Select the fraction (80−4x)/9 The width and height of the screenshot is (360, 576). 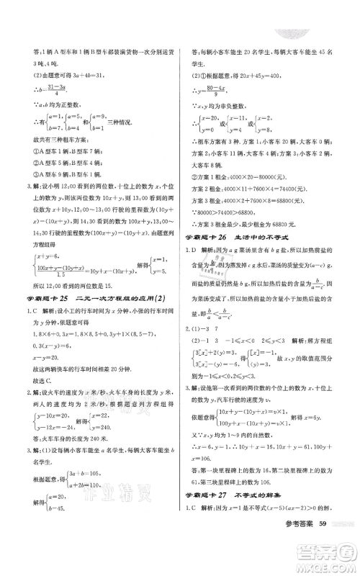click(219, 91)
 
